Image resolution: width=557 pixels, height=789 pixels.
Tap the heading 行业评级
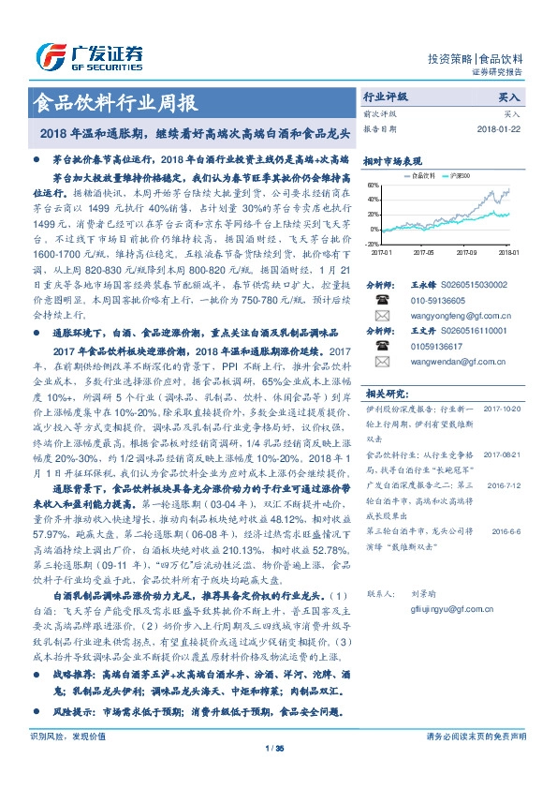385,97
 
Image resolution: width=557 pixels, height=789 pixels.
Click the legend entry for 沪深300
460,175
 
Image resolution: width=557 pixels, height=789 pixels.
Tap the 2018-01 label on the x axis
508,252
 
